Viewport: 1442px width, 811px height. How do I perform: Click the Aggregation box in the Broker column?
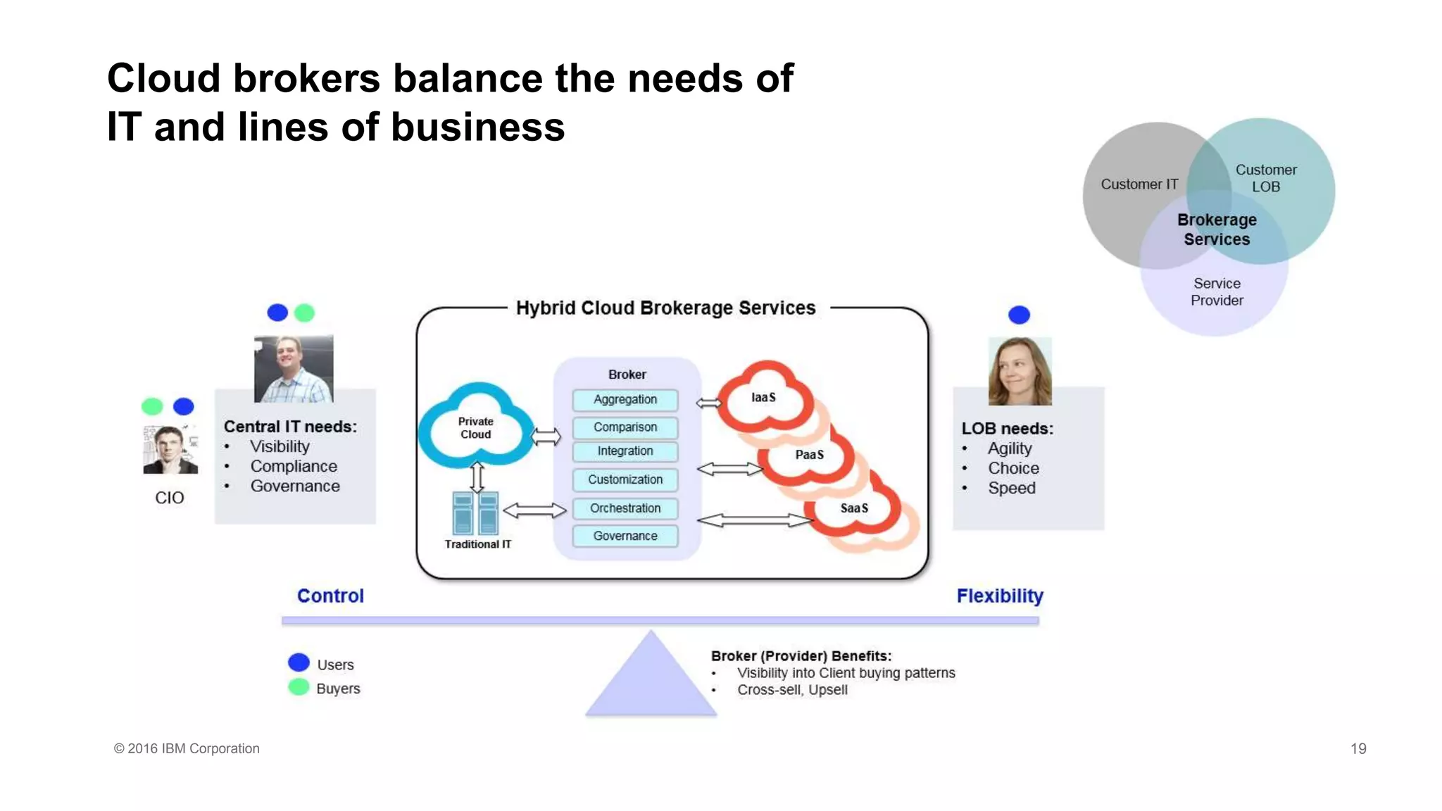[x=625, y=400]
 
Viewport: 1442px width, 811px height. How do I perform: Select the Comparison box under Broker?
[x=625, y=427]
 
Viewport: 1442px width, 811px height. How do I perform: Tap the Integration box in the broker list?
[x=625, y=451]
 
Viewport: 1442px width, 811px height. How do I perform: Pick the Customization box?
[x=625, y=479]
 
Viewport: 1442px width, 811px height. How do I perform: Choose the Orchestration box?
[x=625, y=508]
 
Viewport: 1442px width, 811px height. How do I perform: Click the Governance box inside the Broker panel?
[x=625, y=536]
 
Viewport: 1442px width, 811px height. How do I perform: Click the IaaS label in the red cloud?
[x=763, y=398]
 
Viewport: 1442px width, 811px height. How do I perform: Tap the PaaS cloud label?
[x=809, y=455]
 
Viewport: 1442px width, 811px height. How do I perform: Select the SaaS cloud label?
[x=854, y=508]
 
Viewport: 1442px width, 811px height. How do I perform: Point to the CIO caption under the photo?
[x=170, y=498]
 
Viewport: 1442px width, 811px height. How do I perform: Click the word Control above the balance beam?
[x=330, y=596]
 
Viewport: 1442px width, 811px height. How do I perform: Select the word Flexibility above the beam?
[x=999, y=596]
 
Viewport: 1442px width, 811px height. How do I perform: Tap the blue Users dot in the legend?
[x=299, y=662]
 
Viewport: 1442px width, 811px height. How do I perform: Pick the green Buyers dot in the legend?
[x=299, y=687]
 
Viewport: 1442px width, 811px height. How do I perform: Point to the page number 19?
[x=1358, y=749]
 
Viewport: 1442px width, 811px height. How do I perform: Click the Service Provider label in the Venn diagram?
[x=1217, y=292]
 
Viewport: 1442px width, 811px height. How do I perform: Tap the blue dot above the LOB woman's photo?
[x=1019, y=315]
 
